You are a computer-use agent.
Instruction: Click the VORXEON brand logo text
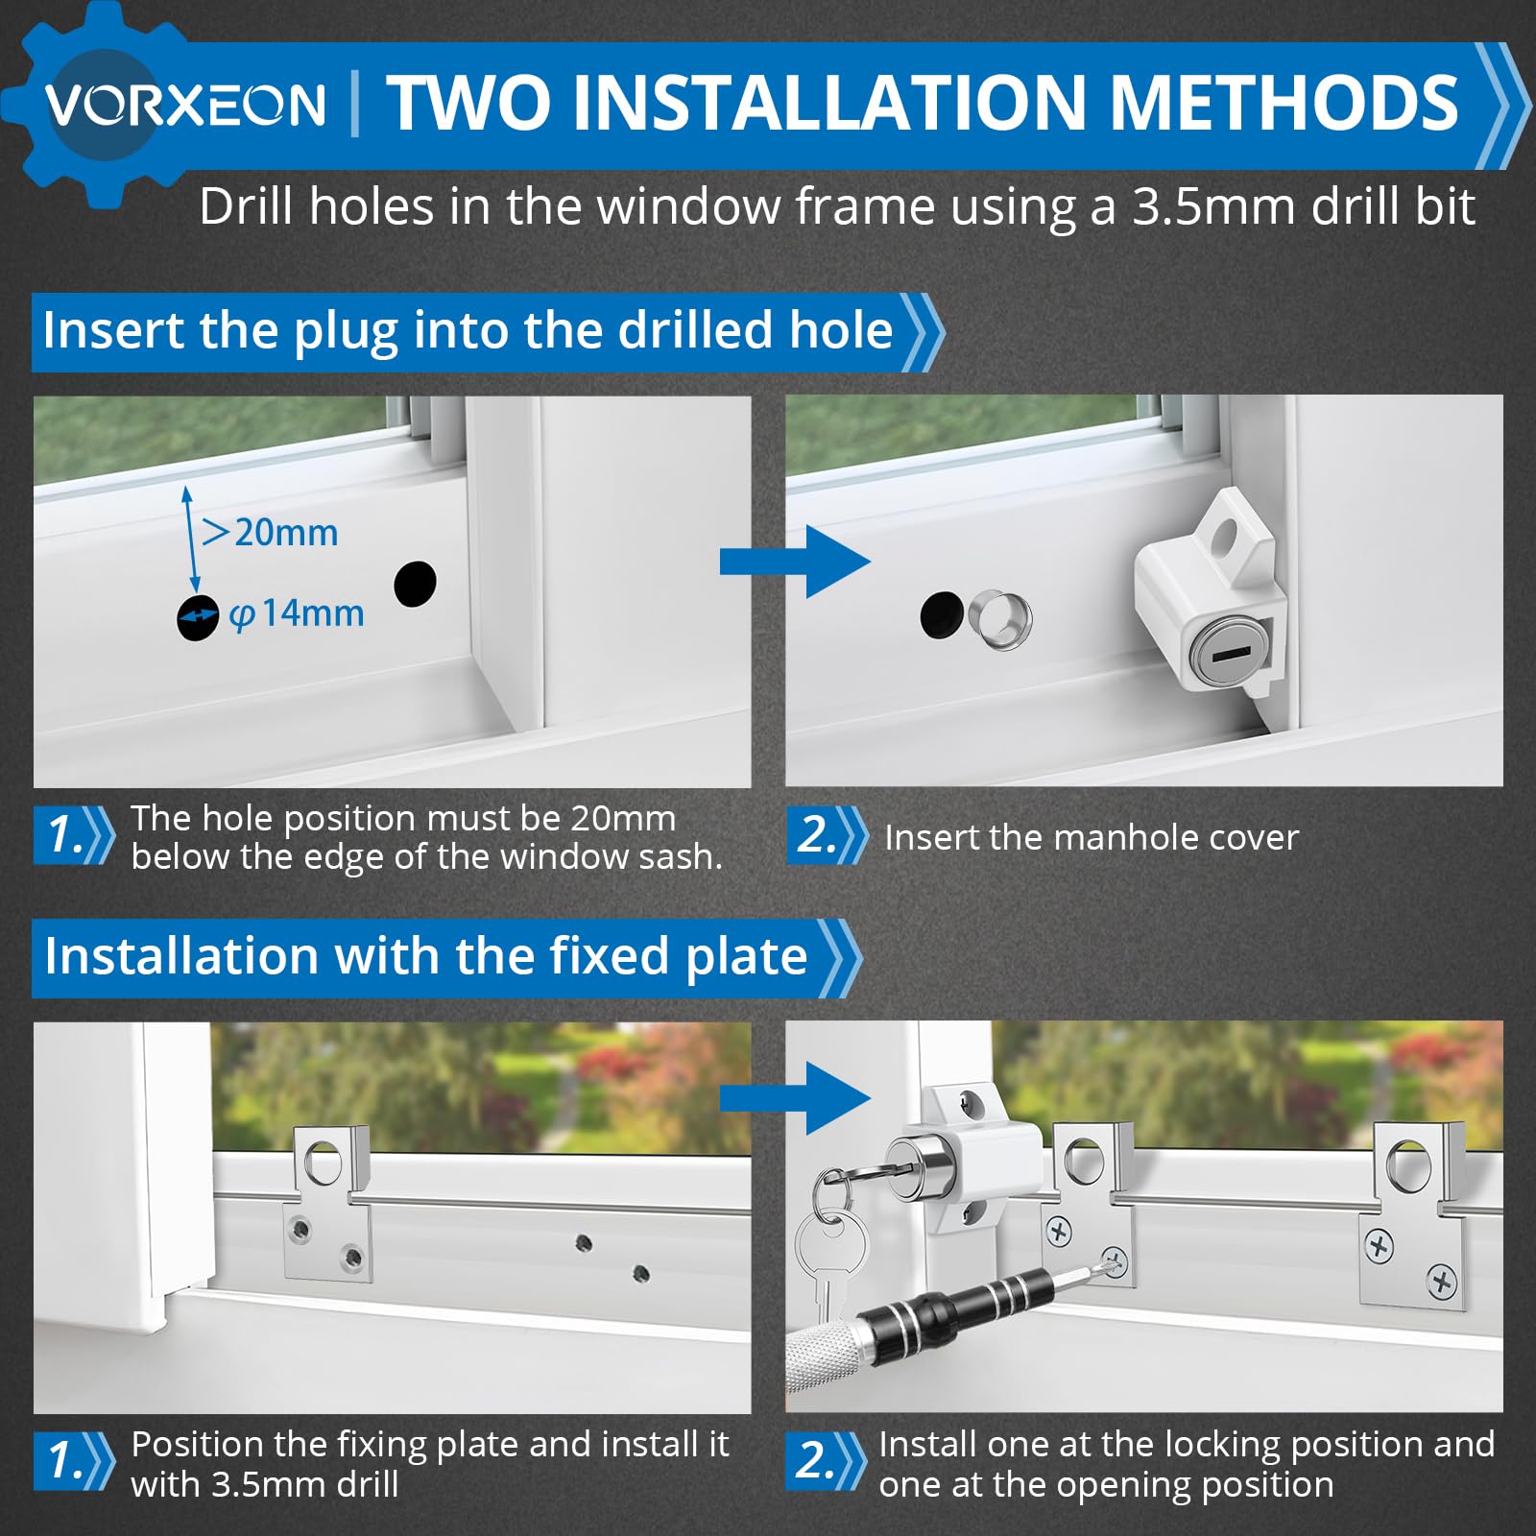(x=185, y=104)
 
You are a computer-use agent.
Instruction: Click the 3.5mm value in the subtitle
(x=1213, y=206)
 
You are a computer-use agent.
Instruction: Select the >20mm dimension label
(x=270, y=532)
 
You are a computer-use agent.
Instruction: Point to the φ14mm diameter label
(x=297, y=613)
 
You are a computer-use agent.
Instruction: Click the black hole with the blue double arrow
(x=198, y=618)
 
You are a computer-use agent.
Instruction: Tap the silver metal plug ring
(x=1000, y=620)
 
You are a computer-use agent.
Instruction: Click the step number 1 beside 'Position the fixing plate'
(x=66, y=1460)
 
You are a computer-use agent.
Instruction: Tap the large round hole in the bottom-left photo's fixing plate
(x=324, y=1164)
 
